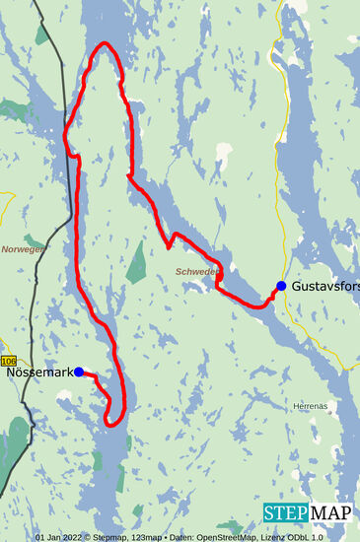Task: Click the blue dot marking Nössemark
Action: tap(79, 373)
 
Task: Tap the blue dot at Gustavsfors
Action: tap(281, 286)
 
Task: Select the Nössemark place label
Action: tap(38, 373)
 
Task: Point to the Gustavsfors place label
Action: tap(326, 286)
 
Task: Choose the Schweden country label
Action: tap(195, 270)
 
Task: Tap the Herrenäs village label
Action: tap(309, 406)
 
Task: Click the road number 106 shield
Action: tap(9, 362)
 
